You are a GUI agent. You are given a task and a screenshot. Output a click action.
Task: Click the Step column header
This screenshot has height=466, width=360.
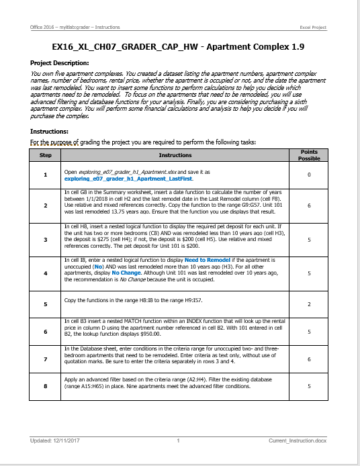46,155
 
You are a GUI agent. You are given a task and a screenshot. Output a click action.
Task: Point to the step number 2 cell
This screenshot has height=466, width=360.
46,205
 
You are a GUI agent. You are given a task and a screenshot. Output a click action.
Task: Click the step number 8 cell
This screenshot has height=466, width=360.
46,386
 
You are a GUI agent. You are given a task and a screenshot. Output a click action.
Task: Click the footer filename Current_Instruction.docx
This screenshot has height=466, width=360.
296,440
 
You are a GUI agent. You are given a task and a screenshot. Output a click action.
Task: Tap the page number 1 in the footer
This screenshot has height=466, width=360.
179,440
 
